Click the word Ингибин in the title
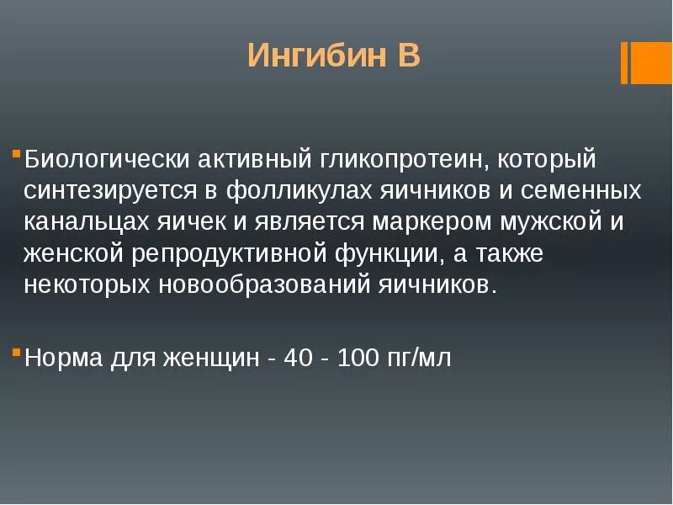tap(310, 56)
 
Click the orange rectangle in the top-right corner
tap(650, 62)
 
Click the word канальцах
tap(86, 222)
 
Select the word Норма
tap(64, 358)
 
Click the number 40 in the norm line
tap(299, 358)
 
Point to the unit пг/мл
tap(419, 358)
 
